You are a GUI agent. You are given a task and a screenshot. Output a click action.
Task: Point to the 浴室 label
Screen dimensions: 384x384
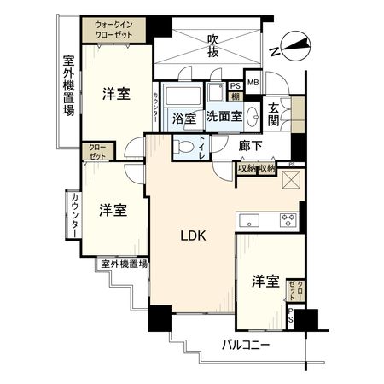[x=184, y=117]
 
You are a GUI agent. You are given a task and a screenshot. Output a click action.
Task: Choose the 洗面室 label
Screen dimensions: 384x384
[x=223, y=117]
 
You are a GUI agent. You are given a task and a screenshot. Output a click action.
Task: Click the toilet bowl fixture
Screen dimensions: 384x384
[x=184, y=147]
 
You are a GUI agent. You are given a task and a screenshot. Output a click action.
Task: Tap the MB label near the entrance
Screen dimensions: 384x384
[x=253, y=83]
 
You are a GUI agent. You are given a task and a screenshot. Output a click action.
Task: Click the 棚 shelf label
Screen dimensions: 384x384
[x=236, y=96]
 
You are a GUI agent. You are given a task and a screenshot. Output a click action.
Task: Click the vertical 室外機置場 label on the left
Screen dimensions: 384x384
[x=69, y=86]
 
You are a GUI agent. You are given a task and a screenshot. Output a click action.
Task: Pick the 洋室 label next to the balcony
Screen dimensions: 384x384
[x=266, y=281]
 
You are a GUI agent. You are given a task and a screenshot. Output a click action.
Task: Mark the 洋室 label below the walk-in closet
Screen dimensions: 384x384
[x=116, y=94]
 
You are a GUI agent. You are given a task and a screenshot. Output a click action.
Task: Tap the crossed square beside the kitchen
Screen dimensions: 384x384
[x=291, y=179]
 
